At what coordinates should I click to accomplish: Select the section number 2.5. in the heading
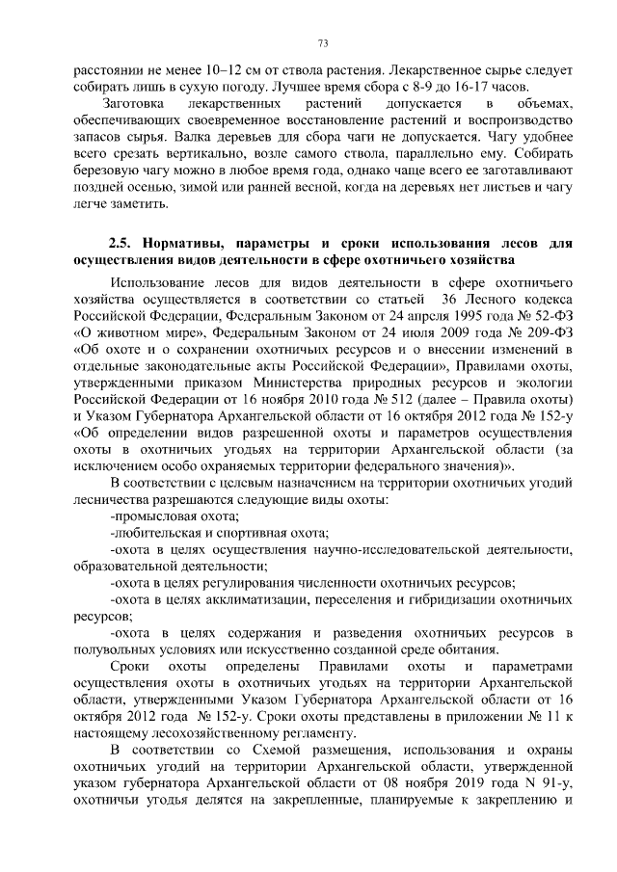[125, 243]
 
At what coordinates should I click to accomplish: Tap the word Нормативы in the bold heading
[200, 243]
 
